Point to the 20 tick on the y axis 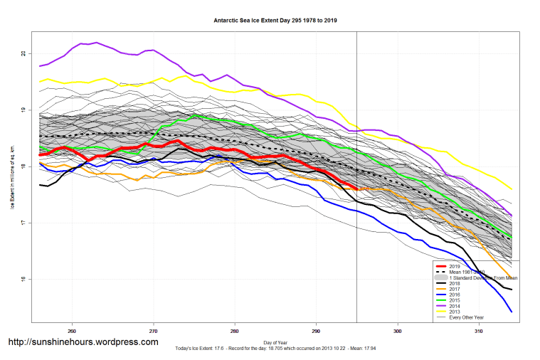(x=23, y=54)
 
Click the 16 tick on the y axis (x=23, y=280)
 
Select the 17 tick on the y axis (x=23, y=223)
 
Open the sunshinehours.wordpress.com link (x=83, y=342)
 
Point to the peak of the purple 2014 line (x=96, y=43)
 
